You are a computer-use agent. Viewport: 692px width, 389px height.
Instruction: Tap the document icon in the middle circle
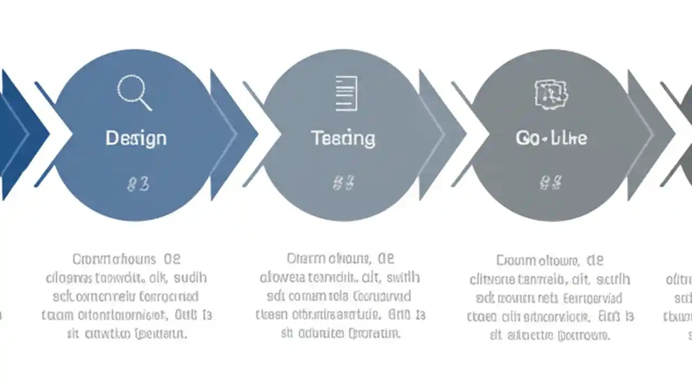coord(346,93)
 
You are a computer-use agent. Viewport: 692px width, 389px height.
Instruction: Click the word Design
coord(136,138)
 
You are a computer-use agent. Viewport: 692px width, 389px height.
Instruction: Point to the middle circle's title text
coord(343,138)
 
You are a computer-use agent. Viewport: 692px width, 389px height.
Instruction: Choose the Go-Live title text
coord(551,138)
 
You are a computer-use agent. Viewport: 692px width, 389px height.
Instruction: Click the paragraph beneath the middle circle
coord(340,297)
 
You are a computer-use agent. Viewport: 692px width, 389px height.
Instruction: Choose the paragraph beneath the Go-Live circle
coord(550,298)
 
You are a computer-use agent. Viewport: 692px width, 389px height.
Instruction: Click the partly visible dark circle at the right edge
coord(686,135)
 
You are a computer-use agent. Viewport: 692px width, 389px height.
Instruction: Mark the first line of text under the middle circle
coord(341,259)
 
